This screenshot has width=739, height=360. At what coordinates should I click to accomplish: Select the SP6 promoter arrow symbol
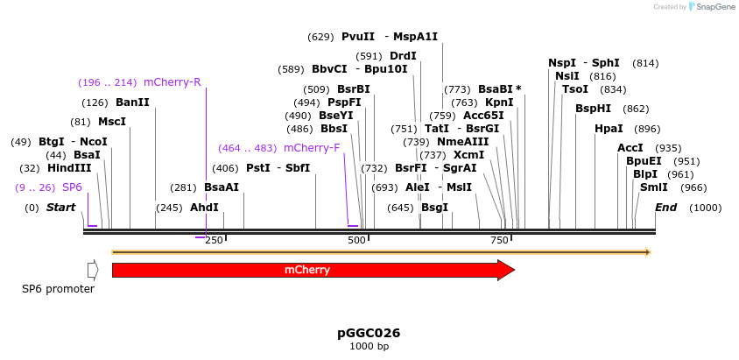[93, 270]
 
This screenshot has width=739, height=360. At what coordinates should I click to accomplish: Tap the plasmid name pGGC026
[369, 333]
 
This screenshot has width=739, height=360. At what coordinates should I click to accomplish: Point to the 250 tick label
[214, 240]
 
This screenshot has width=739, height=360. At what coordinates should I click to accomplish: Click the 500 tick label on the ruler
[356, 240]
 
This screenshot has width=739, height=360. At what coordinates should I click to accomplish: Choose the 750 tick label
[499, 240]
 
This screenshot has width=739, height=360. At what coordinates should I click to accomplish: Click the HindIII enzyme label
[69, 168]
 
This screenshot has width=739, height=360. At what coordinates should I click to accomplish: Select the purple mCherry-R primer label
[172, 82]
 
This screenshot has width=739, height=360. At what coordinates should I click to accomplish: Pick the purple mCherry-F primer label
[312, 148]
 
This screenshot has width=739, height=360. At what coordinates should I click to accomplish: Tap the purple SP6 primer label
[72, 187]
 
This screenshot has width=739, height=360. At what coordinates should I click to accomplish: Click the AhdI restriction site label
[204, 208]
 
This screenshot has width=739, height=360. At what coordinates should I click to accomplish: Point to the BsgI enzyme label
[434, 208]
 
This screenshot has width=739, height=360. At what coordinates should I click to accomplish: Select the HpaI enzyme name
[609, 129]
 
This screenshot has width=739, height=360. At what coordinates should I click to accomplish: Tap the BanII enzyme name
[132, 102]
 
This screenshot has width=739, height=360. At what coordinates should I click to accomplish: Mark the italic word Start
[61, 208]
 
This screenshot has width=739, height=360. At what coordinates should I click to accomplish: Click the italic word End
[665, 208]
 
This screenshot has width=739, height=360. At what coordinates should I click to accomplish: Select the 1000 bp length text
[369, 347]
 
